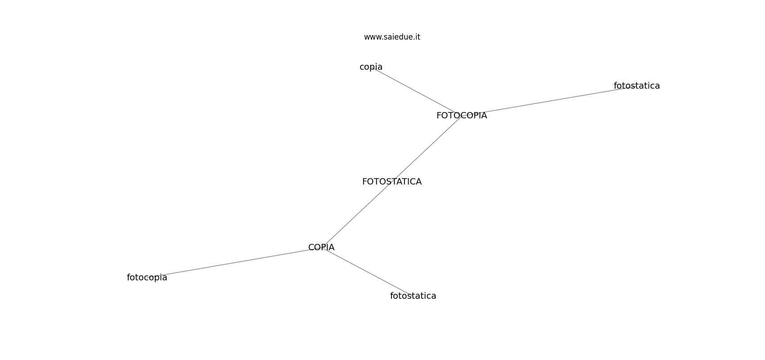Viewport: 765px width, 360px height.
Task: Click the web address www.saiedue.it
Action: pyautogui.click(x=392, y=37)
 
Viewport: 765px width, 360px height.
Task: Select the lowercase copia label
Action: pyautogui.click(x=371, y=67)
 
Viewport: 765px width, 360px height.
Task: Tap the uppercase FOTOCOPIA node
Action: pyautogui.click(x=461, y=116)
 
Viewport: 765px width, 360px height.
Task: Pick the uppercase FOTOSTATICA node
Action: pyautogui.click(x=391, y=182)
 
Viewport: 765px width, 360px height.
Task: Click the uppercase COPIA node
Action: pyautogui.click(x=321, y=247)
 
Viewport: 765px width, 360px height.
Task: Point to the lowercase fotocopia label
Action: pyautogui.click(x=147, y=278)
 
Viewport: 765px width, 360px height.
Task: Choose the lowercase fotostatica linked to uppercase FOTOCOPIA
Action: pyautogui.click(x=636, y=86)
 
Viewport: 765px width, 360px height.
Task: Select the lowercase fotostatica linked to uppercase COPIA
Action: pyautogui.click(x=413, y=296)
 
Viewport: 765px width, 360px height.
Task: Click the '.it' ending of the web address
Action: pyautogui.click(x=416, y=37)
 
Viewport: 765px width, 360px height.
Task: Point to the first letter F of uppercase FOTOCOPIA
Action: pyautogui.click(x=439, y=116)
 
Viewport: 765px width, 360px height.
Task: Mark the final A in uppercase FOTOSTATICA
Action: pyautogui.click(x=418, y=182)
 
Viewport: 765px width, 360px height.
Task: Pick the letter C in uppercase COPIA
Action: pyautogui.click(x=311, y=247)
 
